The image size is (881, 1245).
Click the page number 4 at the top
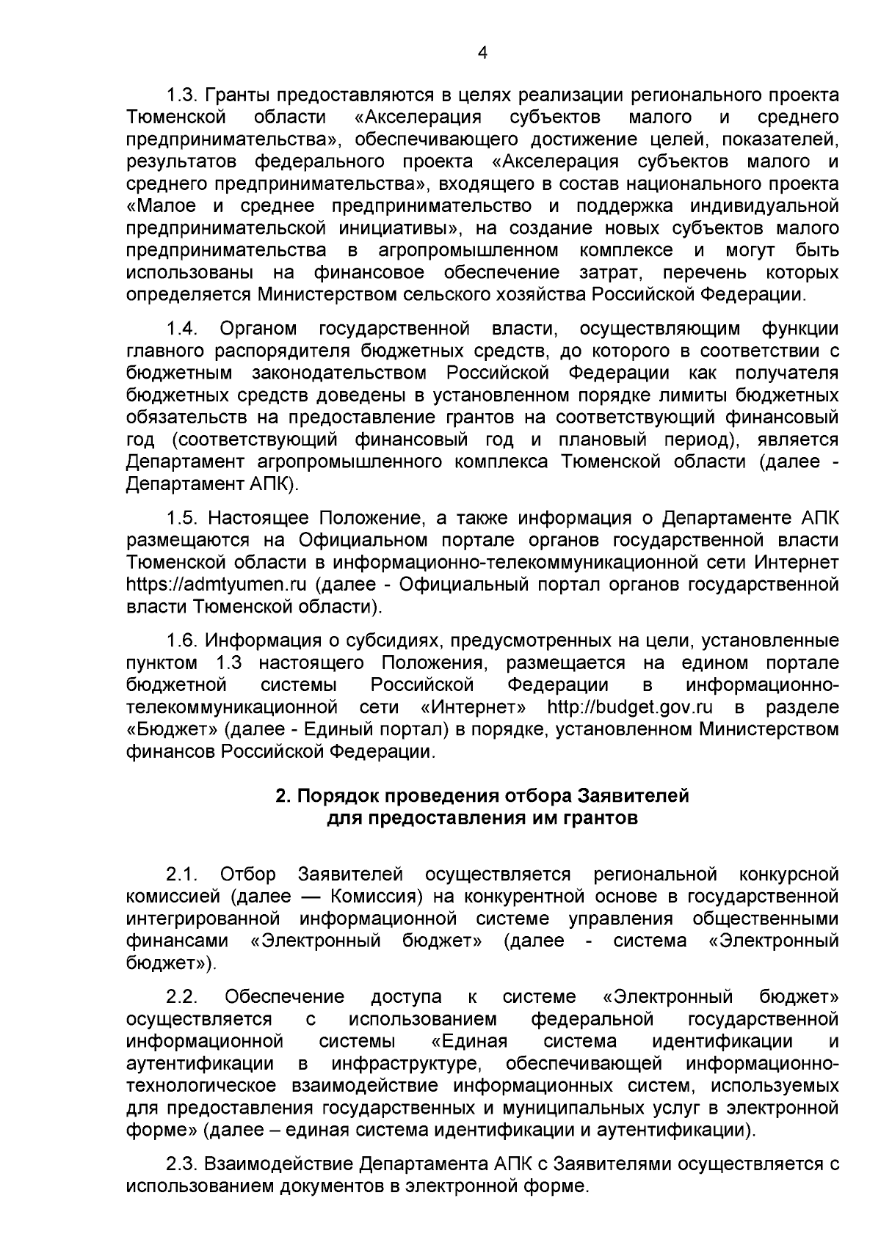click(482, 51)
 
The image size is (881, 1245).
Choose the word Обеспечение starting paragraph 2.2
click(285, 997)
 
